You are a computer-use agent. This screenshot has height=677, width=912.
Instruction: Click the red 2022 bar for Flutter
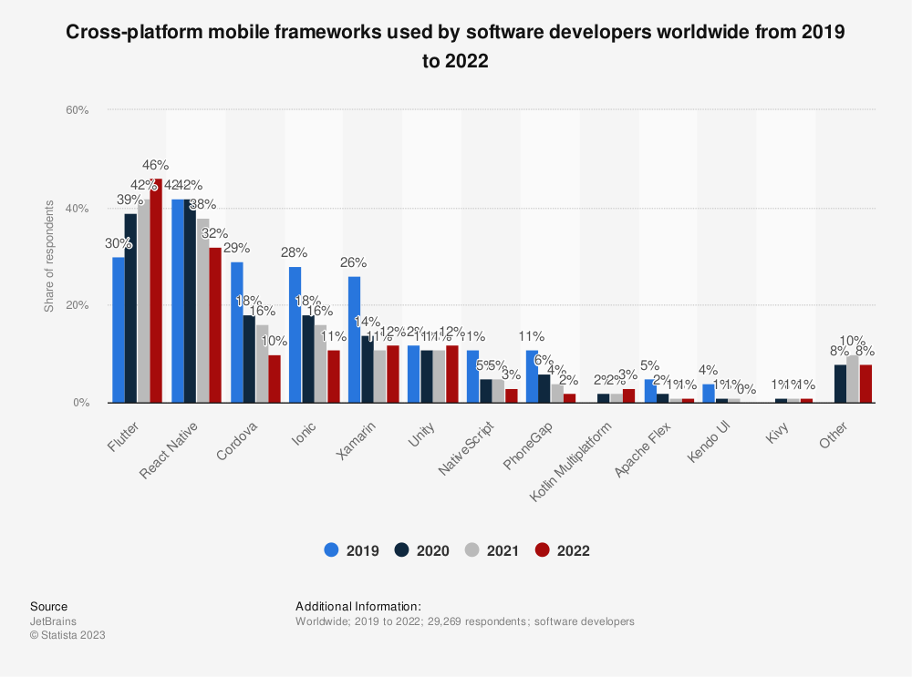point(156,292)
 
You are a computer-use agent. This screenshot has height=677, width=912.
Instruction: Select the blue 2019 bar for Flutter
point(119,330)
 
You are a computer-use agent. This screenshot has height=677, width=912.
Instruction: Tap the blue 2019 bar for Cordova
point(237,333)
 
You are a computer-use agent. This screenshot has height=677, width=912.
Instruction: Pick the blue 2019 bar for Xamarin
point(354,340)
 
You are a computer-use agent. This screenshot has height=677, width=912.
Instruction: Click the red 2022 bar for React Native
point(215,325)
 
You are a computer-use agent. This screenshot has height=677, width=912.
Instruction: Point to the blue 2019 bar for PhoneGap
point(532,376)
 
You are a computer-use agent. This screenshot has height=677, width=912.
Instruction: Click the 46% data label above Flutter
point(155,165)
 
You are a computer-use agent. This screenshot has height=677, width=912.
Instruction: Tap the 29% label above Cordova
point(236,248)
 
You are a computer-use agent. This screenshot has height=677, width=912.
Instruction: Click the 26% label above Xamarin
point(354,262)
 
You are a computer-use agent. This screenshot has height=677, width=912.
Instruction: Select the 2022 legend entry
point(563,550)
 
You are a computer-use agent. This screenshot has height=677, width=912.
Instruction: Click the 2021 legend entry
point(493,550)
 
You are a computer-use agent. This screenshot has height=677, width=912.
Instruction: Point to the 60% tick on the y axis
point(77,110)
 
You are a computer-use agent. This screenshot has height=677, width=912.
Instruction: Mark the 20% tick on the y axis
point(77,305)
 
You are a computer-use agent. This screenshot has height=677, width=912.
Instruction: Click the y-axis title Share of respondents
point(49,256)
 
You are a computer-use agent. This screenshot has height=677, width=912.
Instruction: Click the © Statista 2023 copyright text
point(67,635)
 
